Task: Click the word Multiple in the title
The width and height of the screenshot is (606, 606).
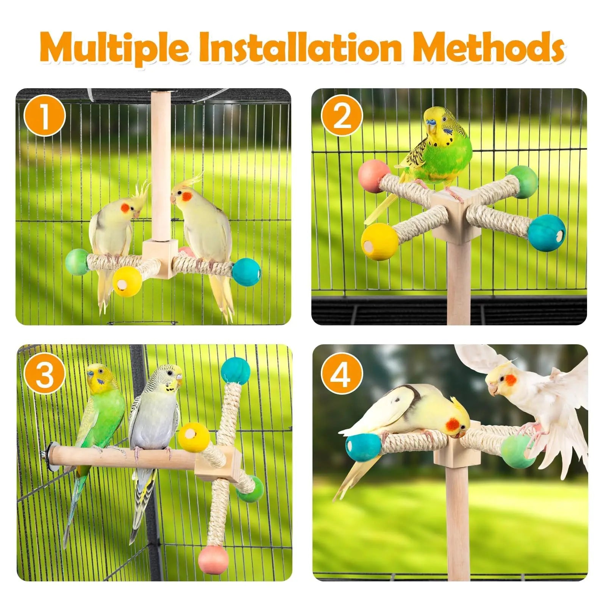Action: pyautogui.click(x=114, y=49)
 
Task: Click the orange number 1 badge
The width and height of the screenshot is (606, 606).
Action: pyautogui.click(x=45, y=116)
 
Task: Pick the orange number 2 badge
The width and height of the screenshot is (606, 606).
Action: pyautogui.click(x=342, y=116)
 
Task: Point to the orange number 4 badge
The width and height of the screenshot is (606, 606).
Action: pyautogui.click(x=342, y=375)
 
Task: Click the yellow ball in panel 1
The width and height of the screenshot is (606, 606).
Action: pyautogui.click(x=127, y=281)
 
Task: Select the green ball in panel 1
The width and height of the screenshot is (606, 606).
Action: pyautogui.click(x=77, y=261)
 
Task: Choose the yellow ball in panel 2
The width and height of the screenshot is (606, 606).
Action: pyautogui.click(x=380, y=241)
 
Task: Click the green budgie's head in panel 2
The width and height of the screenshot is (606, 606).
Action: pyautogui.click(x=438, y=122)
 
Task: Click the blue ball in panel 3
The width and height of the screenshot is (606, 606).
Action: pyautogui.click(x=236, y=371)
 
